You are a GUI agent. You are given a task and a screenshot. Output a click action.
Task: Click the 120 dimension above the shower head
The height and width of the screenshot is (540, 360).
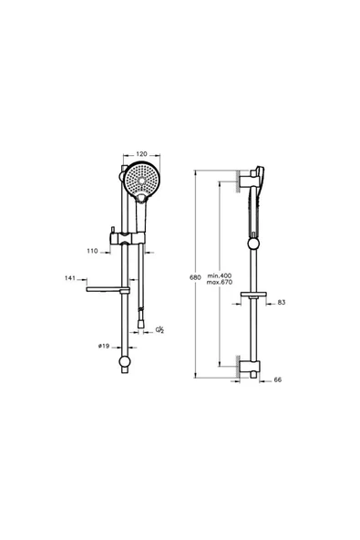click(x=140, y=155)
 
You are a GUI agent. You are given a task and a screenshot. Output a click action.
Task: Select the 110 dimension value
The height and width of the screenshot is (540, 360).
click(x=93, y=250)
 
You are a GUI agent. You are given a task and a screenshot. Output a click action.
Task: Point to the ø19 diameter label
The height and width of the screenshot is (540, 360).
click(x=105, y=346)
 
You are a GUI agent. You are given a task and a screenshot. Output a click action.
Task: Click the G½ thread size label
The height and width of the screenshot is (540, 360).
click(x=159, y=329)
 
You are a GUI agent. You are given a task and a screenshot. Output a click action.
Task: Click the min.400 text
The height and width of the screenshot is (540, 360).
click(x=221, y=274)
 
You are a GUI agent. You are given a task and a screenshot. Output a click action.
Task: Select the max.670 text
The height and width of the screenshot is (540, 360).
click(x=221, y=282)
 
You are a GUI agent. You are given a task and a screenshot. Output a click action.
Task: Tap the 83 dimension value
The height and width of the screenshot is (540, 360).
click(x=281, y=302)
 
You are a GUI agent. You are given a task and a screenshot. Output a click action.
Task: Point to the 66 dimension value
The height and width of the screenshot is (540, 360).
click(x=277, y=382)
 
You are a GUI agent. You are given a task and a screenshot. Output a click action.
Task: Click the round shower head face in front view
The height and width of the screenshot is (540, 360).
click(x=140, y=182)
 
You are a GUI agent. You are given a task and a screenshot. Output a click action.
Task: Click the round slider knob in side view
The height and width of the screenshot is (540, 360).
click(x=251, y=244)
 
